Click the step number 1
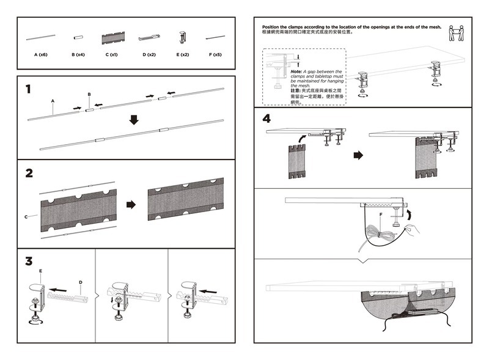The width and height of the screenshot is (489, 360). pos(28,89)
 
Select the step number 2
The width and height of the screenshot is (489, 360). pos(29,173)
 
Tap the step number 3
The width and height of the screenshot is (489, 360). pos(29,262)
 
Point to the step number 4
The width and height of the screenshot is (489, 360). pos(267,118)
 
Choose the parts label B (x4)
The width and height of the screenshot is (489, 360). pos(78,55)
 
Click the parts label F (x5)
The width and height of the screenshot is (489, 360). pos(215,55)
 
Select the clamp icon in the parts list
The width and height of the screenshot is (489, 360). pos(183,37)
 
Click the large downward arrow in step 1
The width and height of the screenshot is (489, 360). pos(134,120)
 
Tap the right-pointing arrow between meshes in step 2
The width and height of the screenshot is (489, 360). pos(130,205)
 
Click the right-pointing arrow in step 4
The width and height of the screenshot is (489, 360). pos(358,155)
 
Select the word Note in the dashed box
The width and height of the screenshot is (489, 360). pos(296,72)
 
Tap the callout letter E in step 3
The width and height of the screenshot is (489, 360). pos(40,271)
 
